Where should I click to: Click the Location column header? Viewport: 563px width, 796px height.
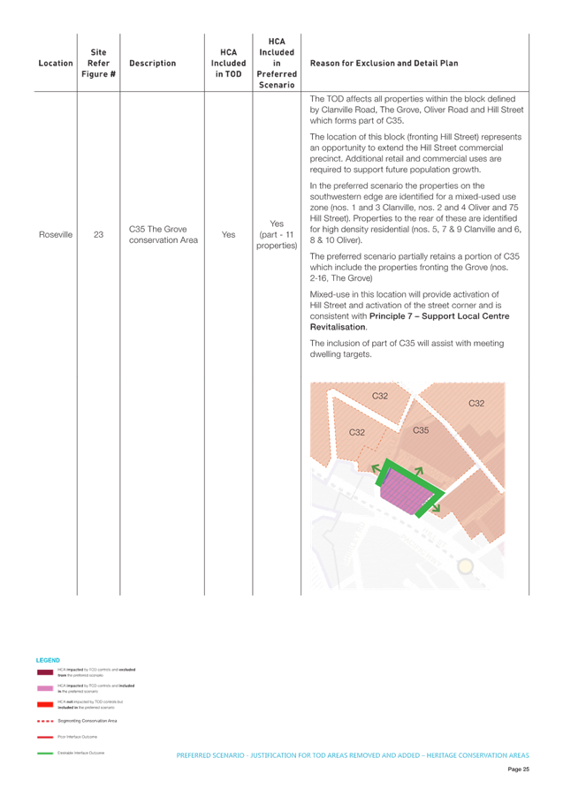pyautogui.click(x=49, y=64)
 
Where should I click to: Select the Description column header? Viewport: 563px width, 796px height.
pyautogui.click(x=152, y=64)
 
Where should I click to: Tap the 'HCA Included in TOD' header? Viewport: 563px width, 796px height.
pyautogui.click(x=228, y=64)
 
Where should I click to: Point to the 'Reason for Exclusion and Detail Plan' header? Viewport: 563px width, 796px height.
pyautogui.click(x=384, y=64)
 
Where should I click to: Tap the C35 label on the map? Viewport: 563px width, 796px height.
pyautogui.click(x=421, y=431)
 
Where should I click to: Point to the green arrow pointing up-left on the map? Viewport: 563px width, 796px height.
pyautogui.click(x=377, y=467)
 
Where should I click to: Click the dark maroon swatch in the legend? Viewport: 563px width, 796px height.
pyautogui.click(x=45, y=672)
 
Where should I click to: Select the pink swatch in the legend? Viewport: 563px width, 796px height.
pyautogui.click(x=45, y=687)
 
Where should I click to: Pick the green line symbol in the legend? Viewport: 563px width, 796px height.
pyautogui.click(x=45, y=753)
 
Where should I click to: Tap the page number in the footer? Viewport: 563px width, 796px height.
pyautogui.click(x=518, y=770)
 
